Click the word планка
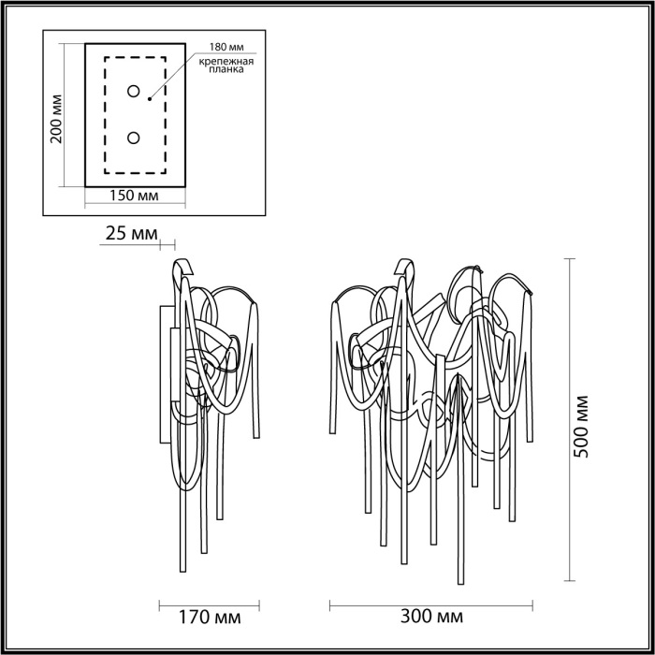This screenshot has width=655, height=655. [x=226, y=69]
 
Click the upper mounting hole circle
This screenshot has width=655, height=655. [x=134, y=92]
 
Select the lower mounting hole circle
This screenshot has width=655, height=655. [x=134, y=138]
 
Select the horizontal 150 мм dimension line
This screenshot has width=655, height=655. [x=135, y=206]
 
